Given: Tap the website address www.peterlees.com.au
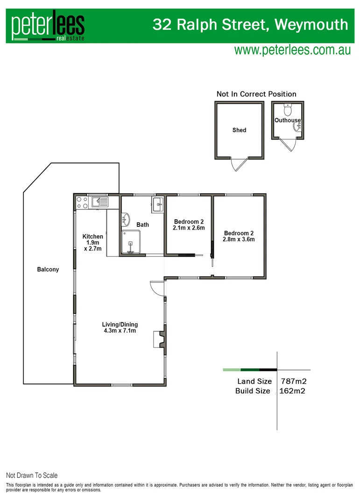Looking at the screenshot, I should point(292,50).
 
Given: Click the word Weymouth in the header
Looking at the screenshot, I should point(311,24).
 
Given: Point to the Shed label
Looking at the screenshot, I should point(239,130).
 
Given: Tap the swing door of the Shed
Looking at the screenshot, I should point(238,165).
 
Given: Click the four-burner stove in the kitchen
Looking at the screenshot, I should point(82,202).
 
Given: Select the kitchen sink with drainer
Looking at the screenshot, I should point(100,202).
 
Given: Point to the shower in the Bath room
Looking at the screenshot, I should point(130,242).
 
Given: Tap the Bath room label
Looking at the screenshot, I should point(143,225).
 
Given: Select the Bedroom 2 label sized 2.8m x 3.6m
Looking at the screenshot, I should point(239,236).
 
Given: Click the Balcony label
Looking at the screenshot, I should point(48,269).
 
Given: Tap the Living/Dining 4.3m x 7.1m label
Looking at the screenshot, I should point(120,328).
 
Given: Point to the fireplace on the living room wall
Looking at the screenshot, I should point(159,339).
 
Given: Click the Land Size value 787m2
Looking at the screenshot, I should point(293,382).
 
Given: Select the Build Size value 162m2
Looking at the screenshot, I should point(293,391).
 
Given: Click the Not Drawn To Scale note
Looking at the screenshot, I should point(32,476).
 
